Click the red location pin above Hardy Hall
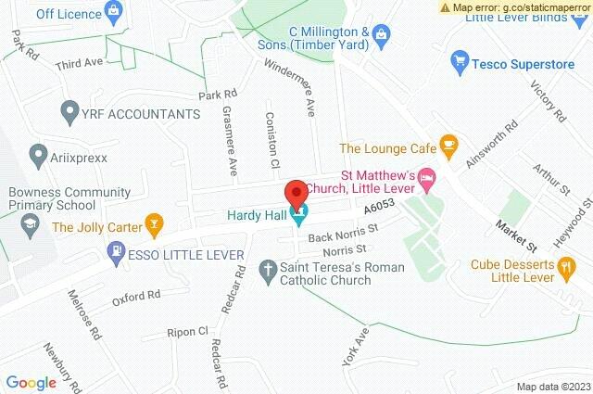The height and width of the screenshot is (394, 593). click(x=296, y=194)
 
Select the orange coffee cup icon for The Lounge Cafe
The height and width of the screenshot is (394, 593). click(x=448, y=146)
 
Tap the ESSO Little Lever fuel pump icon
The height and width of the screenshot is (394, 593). click(x=115, y=251)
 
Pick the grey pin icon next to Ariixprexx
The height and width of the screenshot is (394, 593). click(x=37, y=153)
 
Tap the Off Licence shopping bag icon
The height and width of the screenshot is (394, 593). click(x=114, y=14)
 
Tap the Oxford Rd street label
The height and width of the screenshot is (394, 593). click(x=136, y=297)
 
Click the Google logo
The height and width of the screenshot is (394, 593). click(x=31, y=382)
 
